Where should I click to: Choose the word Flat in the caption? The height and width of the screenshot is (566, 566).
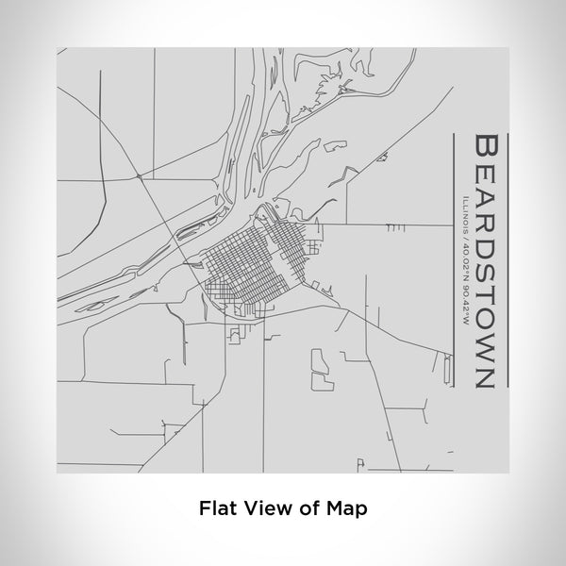click(x=217, y=507)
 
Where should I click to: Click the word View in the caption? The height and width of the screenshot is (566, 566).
click(x=265, y=507)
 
